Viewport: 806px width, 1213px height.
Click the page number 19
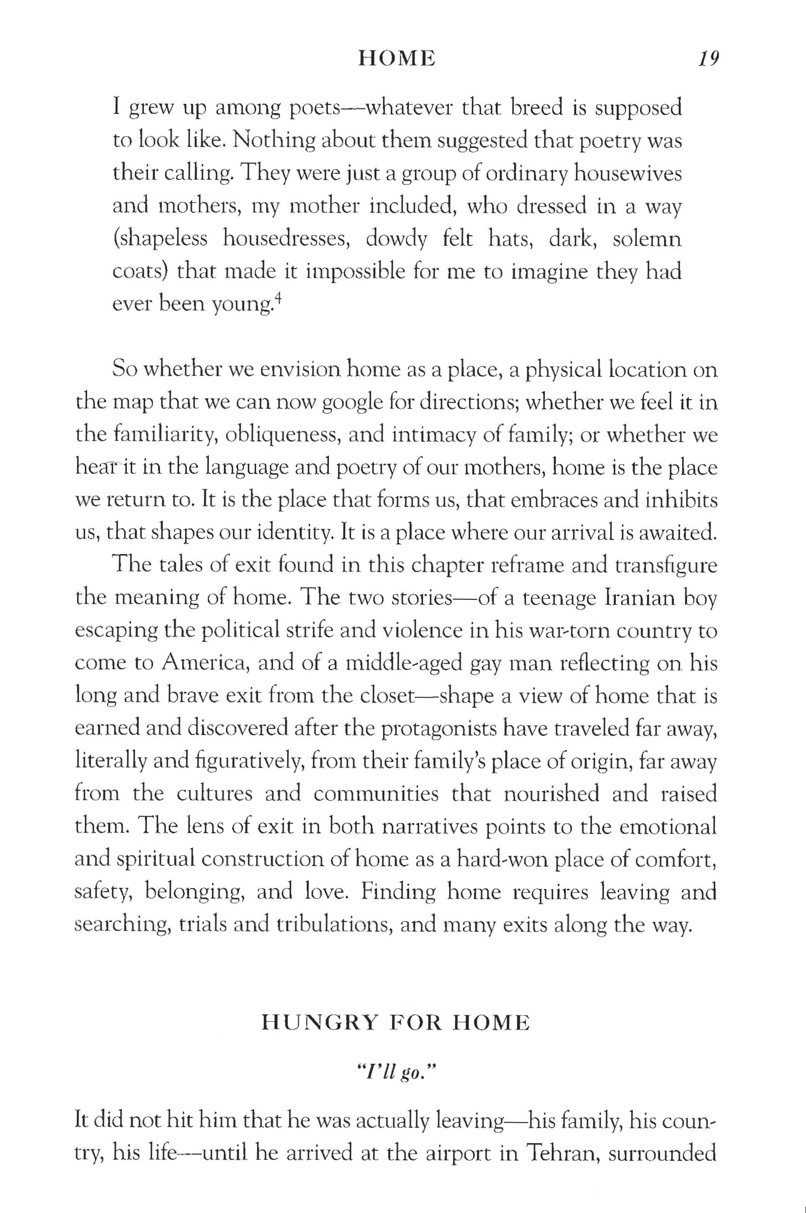point(708,59)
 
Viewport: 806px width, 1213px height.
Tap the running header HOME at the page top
point(396,59)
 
